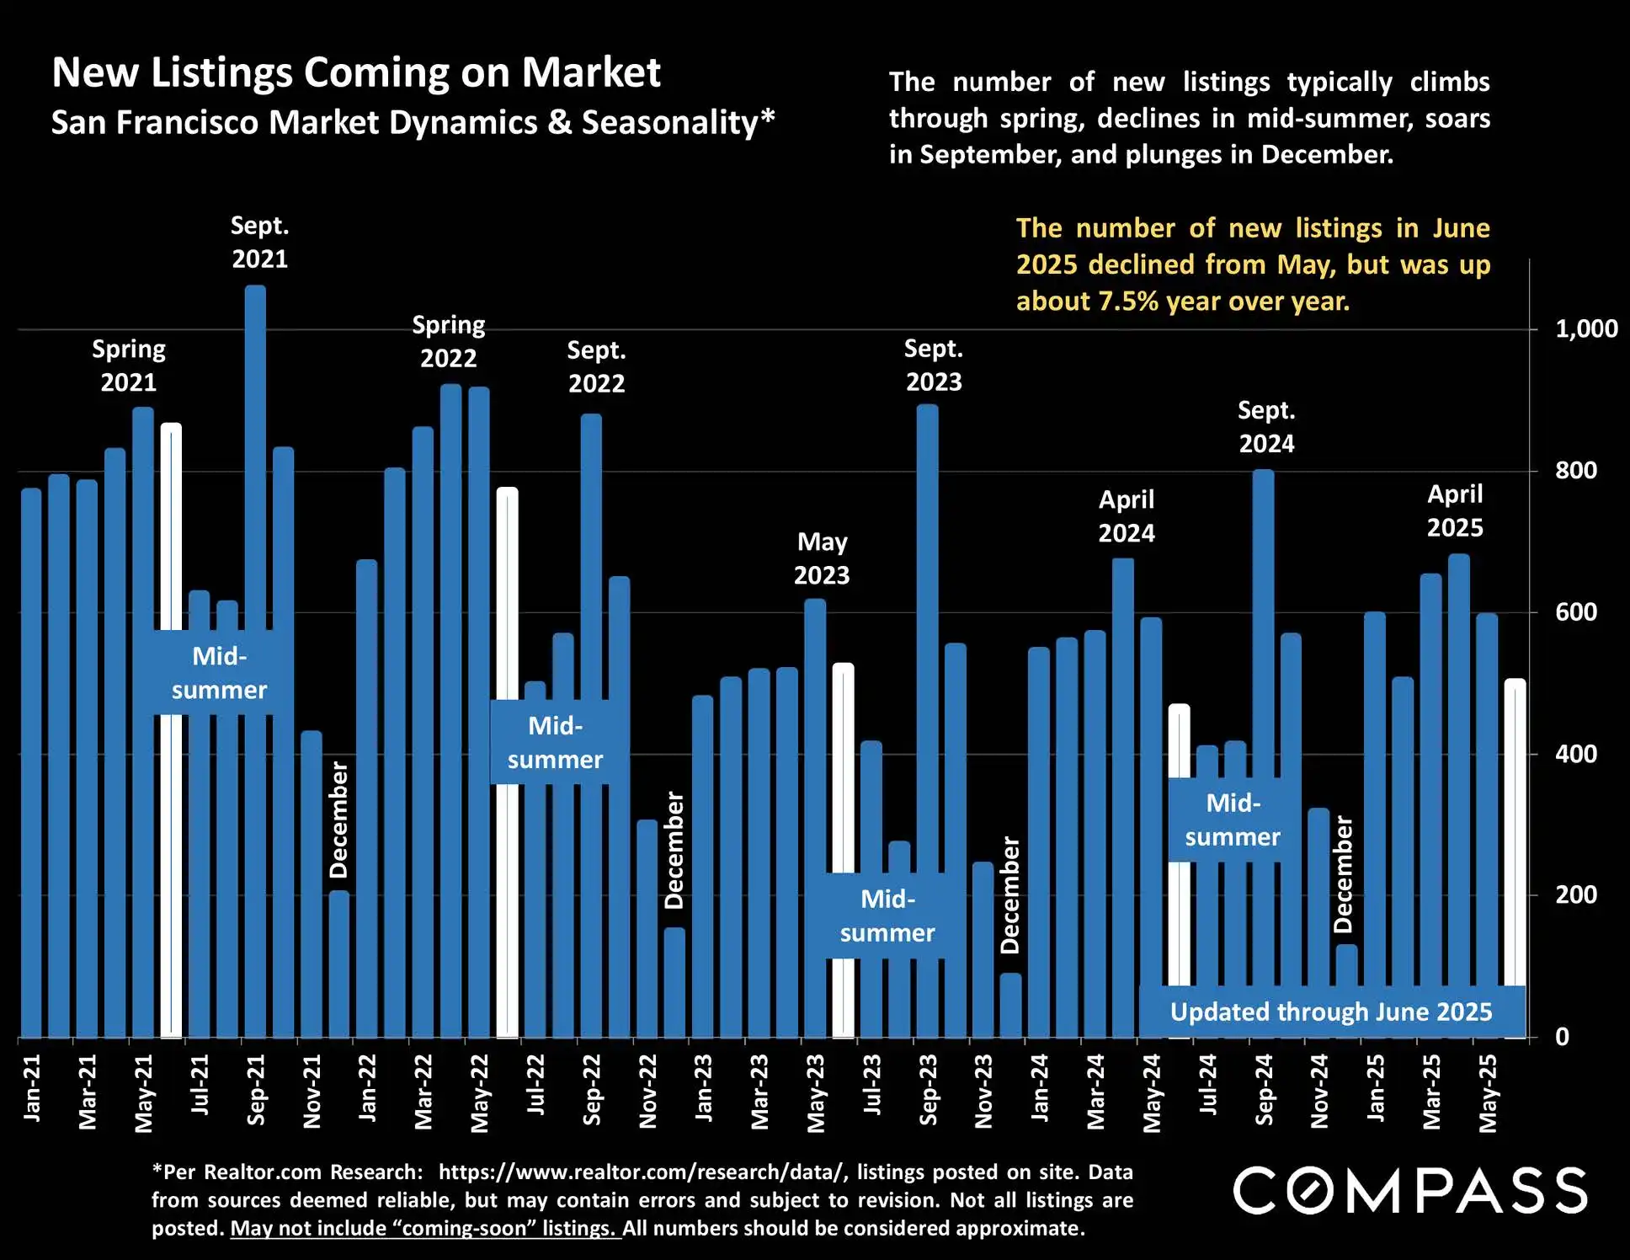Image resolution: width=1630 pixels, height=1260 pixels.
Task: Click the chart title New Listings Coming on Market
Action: [356, 72]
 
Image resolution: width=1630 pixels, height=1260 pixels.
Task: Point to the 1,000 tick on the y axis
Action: [1586, 328]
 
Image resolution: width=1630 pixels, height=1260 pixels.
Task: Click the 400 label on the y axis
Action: [1576, 754]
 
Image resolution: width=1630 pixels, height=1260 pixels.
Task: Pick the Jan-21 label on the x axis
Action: [32, 1087]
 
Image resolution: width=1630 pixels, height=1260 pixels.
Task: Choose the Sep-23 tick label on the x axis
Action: [928, 1089]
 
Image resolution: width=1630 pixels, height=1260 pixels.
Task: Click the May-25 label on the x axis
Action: [1488, 1092]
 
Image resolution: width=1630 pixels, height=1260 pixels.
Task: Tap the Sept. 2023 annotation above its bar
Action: [934, 365]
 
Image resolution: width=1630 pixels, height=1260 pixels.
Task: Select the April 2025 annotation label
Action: [1455, 510]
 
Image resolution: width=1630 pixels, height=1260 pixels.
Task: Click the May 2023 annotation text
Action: [822, 558]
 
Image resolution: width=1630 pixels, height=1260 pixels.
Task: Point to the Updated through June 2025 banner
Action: [1331, 1012]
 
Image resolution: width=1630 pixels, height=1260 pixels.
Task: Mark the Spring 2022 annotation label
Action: [449, 341]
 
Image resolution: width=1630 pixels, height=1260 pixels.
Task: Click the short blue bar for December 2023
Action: [1010, 1005]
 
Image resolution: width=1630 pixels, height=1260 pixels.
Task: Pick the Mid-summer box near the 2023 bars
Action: [887, 916]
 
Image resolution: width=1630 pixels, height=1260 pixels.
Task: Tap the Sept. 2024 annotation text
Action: [1266, 427]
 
